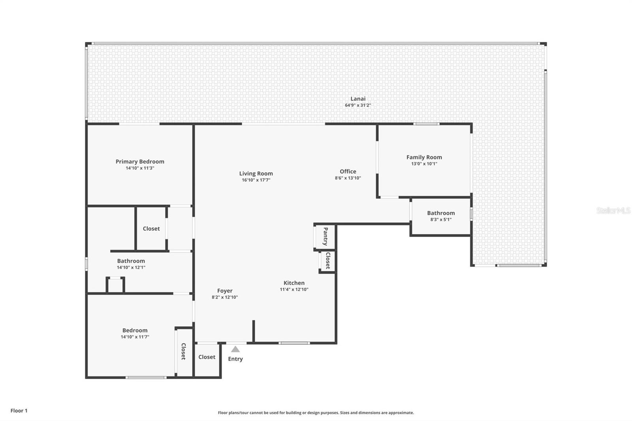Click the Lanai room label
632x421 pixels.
point(358,99)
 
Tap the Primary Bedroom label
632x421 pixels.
point(140,162)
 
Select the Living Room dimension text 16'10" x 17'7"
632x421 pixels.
point(256,180)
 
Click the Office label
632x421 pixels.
point(348,171)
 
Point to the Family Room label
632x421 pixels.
point(424,157)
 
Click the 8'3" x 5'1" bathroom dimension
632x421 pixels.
point(441,220)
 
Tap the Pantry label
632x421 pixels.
point(325,237)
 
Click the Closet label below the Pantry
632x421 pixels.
point(327,261)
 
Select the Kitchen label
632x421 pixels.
point(294,283)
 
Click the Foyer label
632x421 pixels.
point(225,291)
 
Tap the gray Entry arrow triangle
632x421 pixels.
point(235,350)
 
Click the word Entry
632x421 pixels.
point(235,359)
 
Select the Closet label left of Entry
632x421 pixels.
point(207,357)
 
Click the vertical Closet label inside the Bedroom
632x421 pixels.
point(183,351)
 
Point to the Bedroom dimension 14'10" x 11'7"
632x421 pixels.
point(135,337)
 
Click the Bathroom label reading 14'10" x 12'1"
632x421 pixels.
point(131,261)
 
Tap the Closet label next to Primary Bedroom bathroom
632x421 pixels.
point(151,229)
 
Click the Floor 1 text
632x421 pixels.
point(19,411)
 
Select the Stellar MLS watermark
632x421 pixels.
point(613,210)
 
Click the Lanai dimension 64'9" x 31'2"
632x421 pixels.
point(358,105)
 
